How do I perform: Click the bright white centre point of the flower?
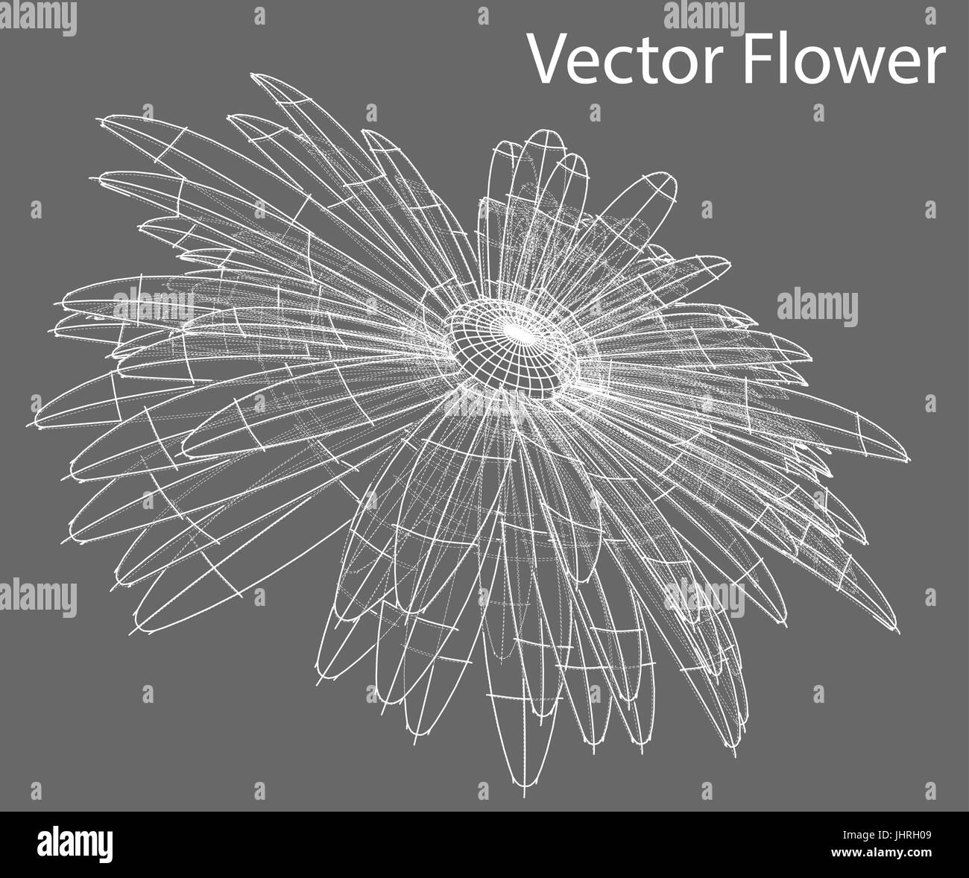pyautogui.click(x=517, y=331)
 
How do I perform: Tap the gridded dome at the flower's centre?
pyautogui.click(x=512, y=347)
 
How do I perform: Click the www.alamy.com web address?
pyautogui.click(x=888, y=853)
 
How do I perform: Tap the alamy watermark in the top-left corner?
pyautogui.click(x=38, y=18)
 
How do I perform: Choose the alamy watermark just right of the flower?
pyautogui.click(x=818, y=308)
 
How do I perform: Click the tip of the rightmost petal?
pyautogui.click(x=909, y=460)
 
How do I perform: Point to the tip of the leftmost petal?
pyautogui.click(x=28, y=426)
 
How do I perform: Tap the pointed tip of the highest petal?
pyautogui.click(x=252, y=75)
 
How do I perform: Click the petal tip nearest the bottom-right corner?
pyautogui.click(x=898, y=632)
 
